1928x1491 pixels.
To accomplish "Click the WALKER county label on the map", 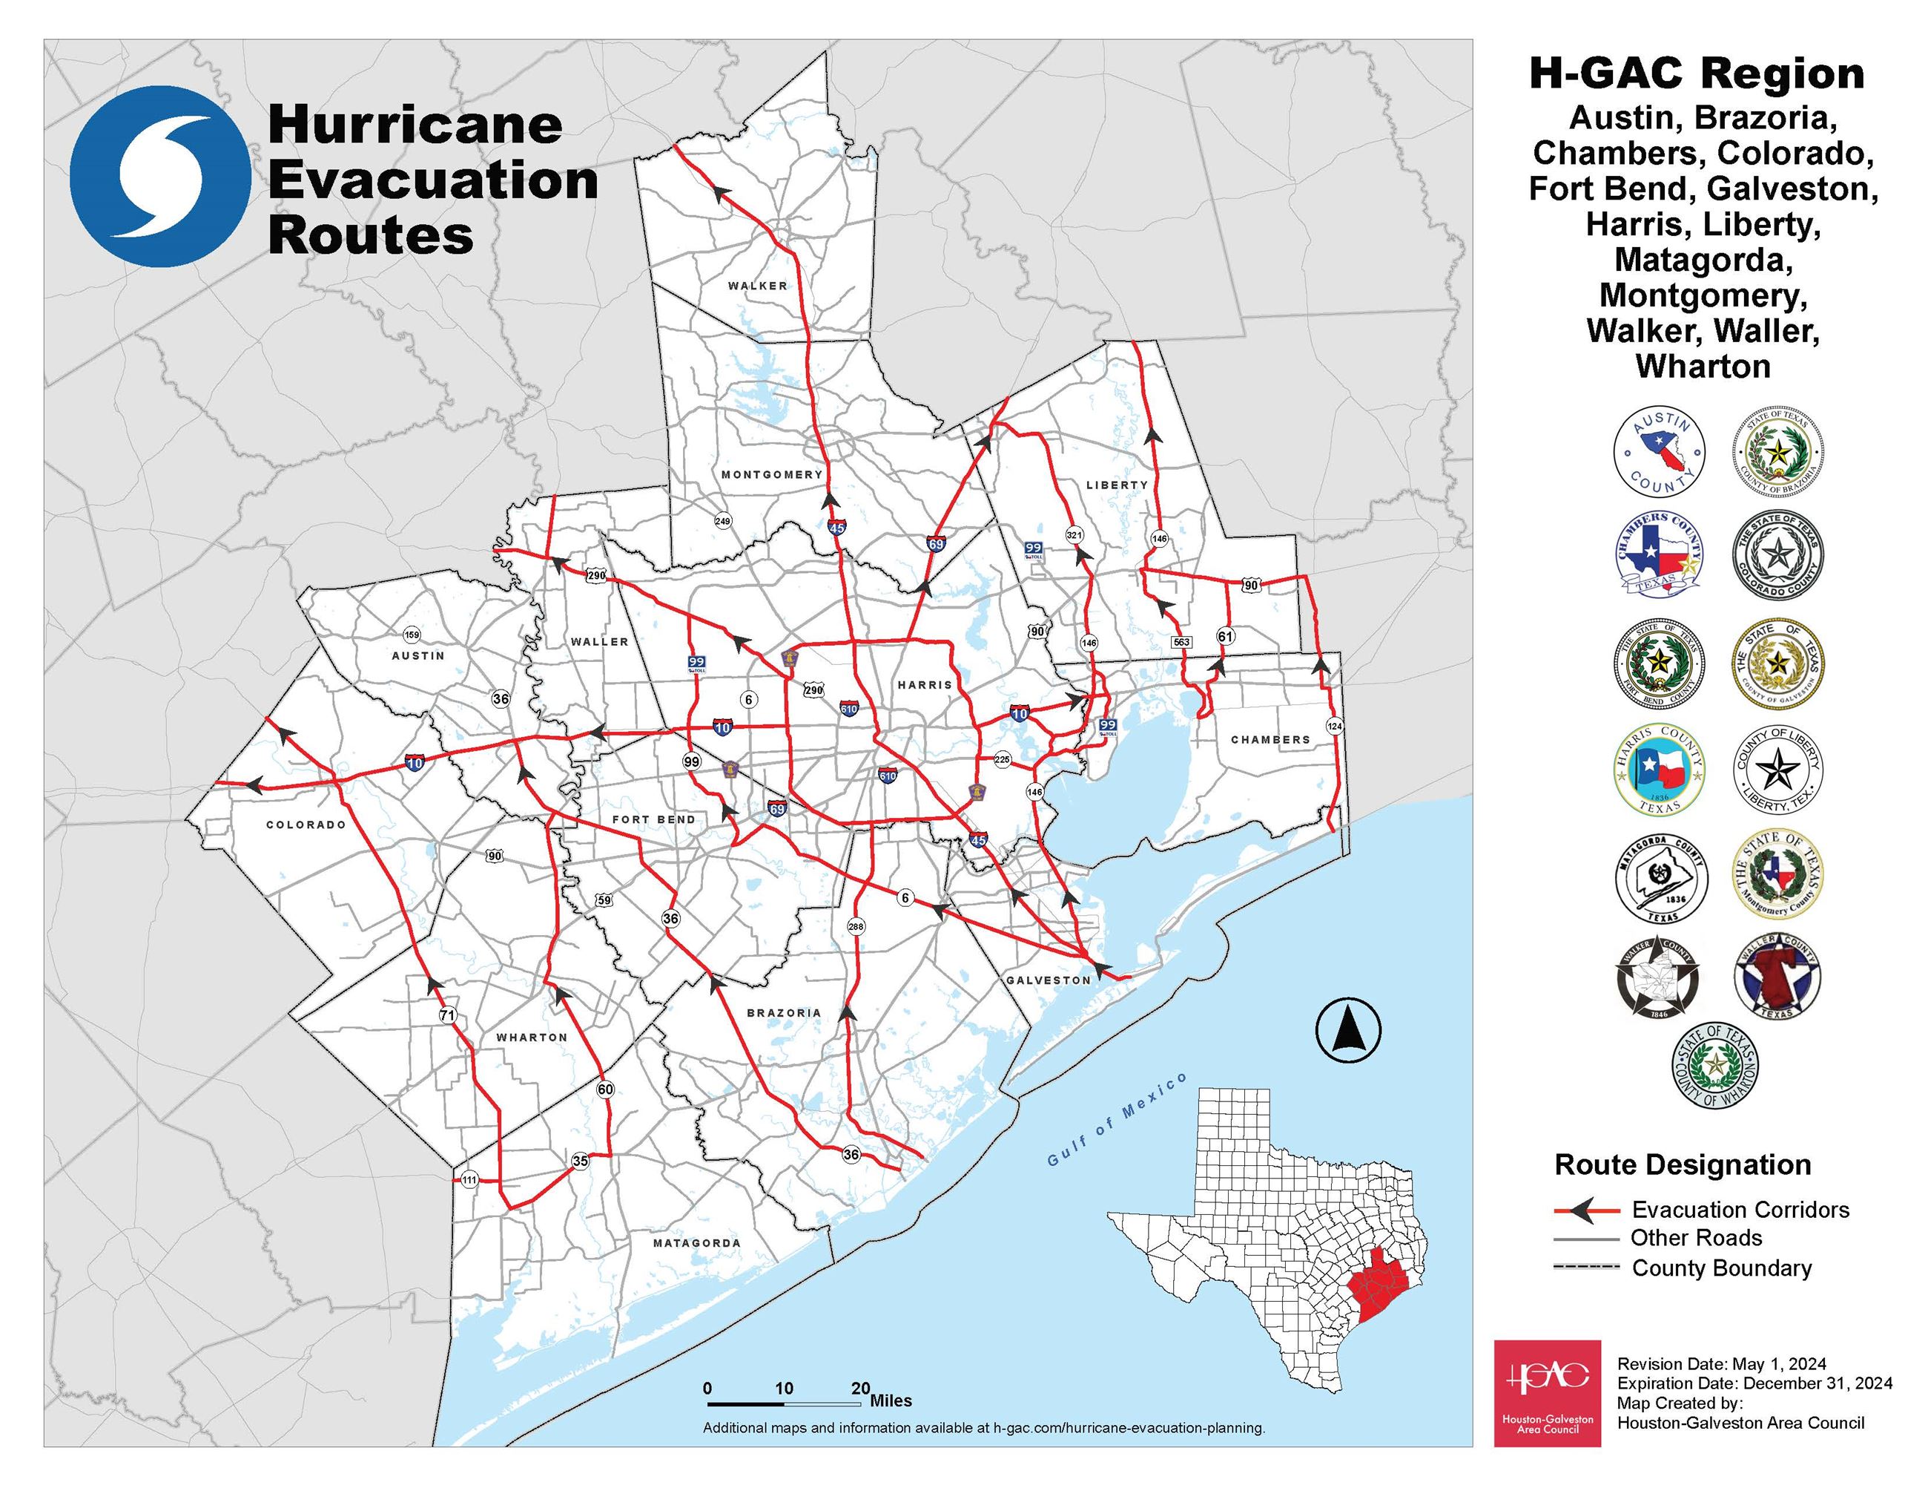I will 756,285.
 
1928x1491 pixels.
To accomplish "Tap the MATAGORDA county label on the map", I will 696,1243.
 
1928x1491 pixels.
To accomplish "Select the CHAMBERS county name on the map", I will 1270,739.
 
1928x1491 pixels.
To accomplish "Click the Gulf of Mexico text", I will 1117,1119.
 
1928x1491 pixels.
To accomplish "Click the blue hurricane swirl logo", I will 159,176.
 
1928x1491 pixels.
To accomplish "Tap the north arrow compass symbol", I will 1348,1030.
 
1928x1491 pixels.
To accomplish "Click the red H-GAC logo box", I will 1547,1393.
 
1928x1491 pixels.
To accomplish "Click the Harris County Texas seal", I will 1659,767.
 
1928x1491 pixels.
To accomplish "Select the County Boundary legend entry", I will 1720,1268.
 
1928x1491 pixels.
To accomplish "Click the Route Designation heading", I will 1682,1164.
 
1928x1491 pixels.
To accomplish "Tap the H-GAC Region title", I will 1696,73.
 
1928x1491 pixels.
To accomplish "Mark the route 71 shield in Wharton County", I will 448,1015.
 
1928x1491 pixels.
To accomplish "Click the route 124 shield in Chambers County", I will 1334,726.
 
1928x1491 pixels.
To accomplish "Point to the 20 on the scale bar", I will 860,1388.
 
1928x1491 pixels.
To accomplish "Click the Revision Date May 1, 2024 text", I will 1721,1364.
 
